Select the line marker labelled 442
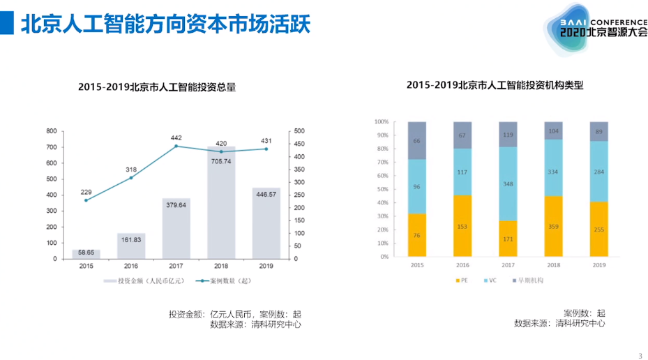[176, 147]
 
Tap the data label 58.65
[86, 252]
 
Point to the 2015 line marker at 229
[86, 200]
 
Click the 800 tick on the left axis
[52, 131]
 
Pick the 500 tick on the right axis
[299, 131]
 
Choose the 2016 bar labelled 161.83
[131, 246]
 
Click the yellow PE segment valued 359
[553, 226]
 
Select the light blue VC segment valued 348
[508, 183]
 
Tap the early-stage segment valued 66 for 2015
[417, 140]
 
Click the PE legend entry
[462, 280]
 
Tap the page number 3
[640, 355]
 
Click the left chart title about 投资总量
[157, 87]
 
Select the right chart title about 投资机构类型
[495, 85]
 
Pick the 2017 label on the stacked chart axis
[508, 265]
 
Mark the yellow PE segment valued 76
[417, 235]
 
